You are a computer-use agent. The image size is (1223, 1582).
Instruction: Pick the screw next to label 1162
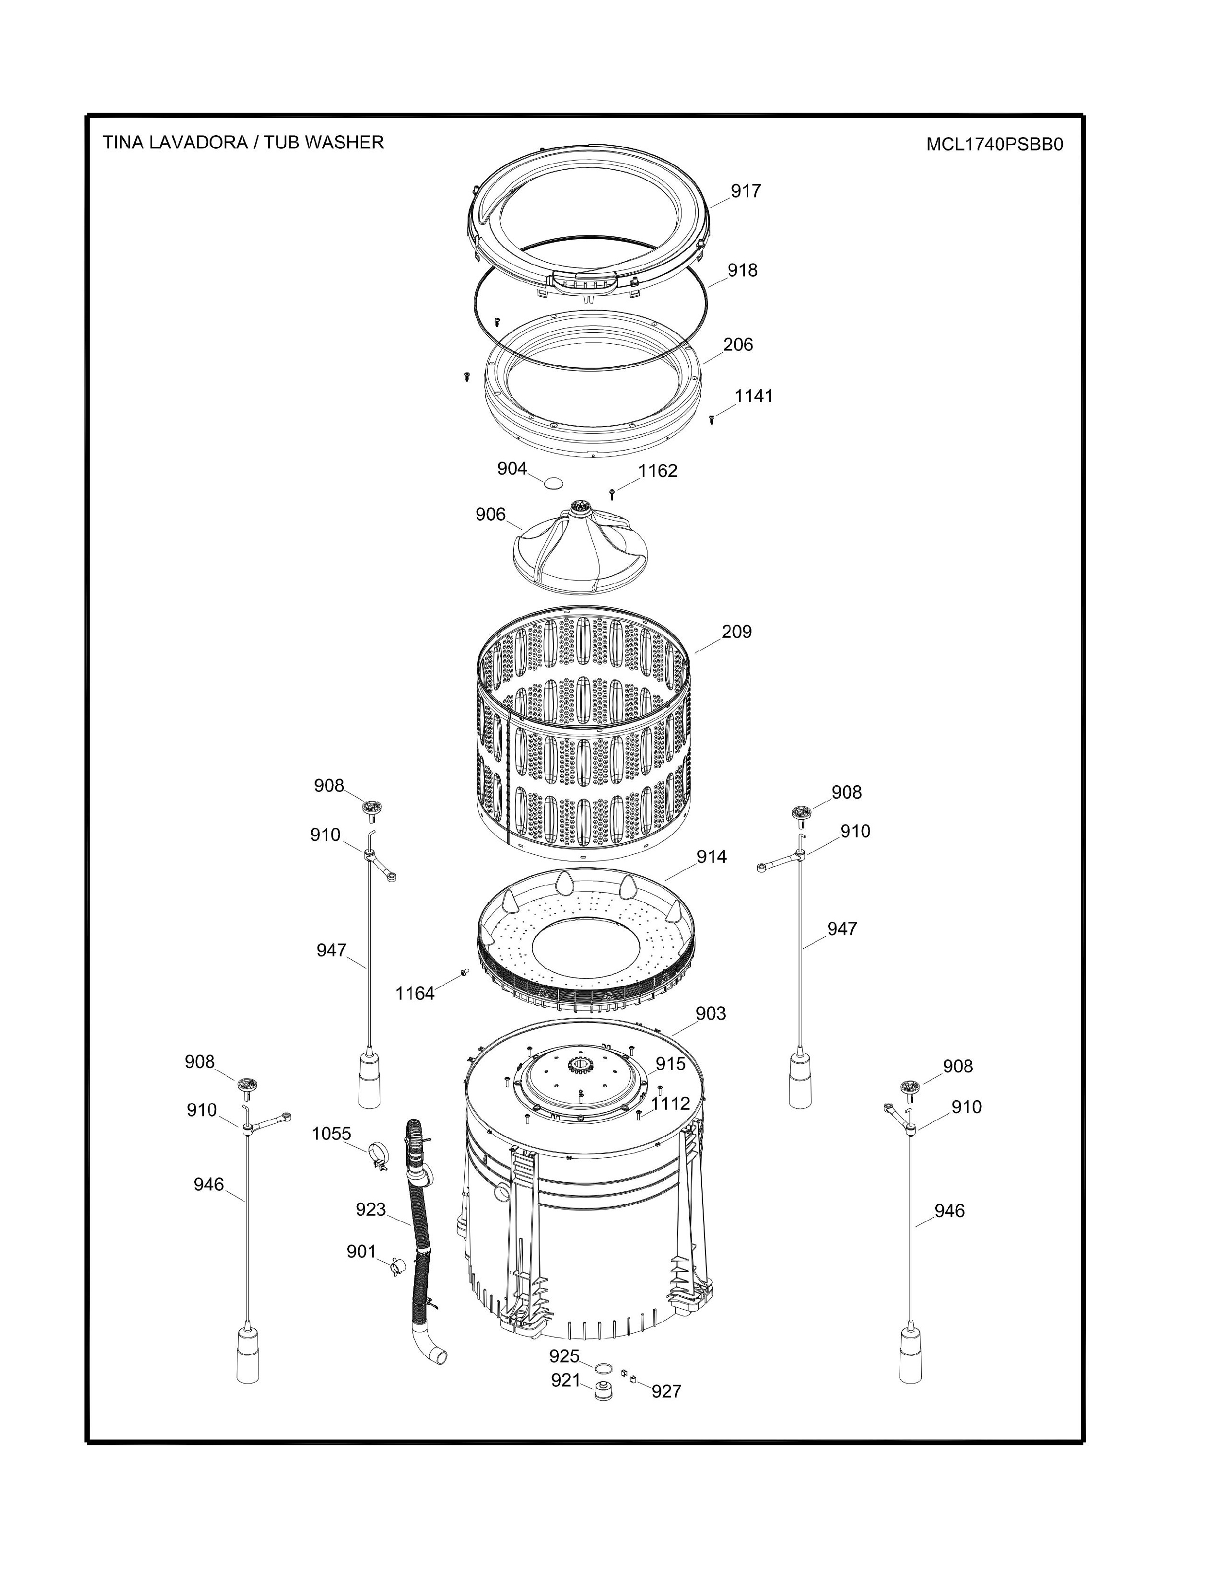click(x=613, y=493)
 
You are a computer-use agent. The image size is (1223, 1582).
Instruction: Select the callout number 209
click(x=737, y=632)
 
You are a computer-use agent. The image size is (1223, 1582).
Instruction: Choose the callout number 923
click(x=370, y=1209)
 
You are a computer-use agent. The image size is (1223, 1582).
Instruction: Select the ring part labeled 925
click(x=602, y=1368)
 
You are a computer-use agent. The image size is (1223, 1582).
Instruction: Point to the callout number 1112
click(x=670, y=1104)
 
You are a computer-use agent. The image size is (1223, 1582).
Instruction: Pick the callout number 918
click(x=742, y=270)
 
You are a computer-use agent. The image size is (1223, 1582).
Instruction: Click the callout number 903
click(x=711, y=1013)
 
